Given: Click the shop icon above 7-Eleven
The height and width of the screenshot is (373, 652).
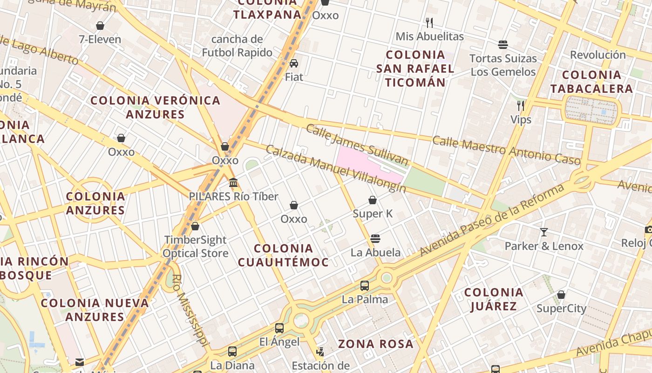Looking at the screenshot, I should tap(100, 26).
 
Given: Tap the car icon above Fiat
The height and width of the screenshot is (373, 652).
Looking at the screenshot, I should tap(294, 63).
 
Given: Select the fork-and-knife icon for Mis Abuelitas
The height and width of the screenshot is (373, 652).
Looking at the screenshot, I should tap(429, 22).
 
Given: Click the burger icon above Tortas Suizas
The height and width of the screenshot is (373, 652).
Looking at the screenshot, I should tap(503, 45).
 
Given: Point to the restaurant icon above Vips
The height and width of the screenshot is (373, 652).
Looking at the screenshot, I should tap(521, 106).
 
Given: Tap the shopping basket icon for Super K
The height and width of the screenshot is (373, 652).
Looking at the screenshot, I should tap(373, 200).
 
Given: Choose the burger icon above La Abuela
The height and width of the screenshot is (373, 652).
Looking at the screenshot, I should tap(375, 239).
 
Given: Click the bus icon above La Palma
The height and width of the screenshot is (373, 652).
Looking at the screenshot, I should tap(365, 285).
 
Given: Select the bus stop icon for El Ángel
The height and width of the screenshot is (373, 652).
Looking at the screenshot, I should tap(279, 328).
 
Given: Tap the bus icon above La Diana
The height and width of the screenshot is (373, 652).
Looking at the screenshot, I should tap(232, 351).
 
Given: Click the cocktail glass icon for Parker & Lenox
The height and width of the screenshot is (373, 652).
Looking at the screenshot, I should tap(543, 232).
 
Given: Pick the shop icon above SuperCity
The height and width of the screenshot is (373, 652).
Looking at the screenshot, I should tap(561, 295).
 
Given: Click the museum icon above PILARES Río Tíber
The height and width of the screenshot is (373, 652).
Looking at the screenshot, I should tap(233, 182).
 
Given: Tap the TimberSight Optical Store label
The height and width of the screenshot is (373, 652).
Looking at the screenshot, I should tap(195, 247).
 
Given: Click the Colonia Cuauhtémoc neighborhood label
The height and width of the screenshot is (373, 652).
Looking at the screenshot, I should tap(283, 255).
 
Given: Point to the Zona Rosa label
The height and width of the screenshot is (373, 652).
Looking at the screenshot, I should tap(375, 344).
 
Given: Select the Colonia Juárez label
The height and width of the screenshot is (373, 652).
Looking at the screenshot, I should tap(494, 299).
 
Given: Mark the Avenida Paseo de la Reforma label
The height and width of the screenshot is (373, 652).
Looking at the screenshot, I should tap(492, 220).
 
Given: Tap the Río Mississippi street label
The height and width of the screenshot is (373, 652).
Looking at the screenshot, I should tap(188, 310).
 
